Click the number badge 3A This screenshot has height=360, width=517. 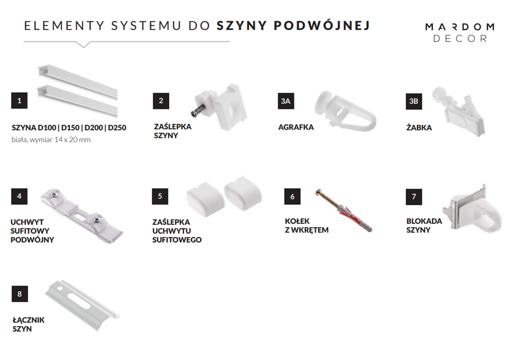(286, 101)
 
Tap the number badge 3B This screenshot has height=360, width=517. (413, 101)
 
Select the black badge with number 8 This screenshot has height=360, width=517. (20, 294)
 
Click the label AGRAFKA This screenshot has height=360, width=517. (296, 127)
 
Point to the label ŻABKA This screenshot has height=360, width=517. (419, 128)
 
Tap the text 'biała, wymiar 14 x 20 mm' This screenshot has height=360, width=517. (51, 140)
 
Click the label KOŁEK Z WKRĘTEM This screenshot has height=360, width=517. (306, 226)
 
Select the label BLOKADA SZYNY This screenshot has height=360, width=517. (424, 226)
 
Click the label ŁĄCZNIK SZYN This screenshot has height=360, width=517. (28, 324)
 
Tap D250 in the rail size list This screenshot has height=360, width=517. (117, 128)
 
